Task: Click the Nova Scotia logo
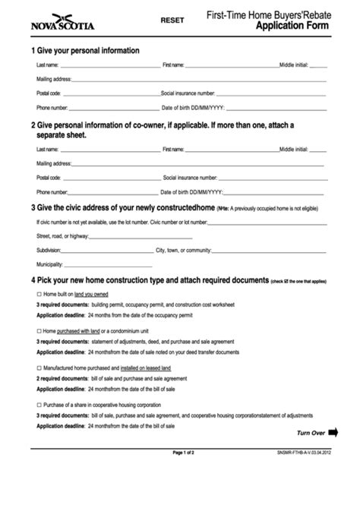pos(63,23)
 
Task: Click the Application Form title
pos(292,25)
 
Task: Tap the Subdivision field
pos(106,250)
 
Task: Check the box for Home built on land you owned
pos(39,294)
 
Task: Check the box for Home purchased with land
pos(39,331)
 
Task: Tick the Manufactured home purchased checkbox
pos(39,368)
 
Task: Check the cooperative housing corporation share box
pos(39,405)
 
